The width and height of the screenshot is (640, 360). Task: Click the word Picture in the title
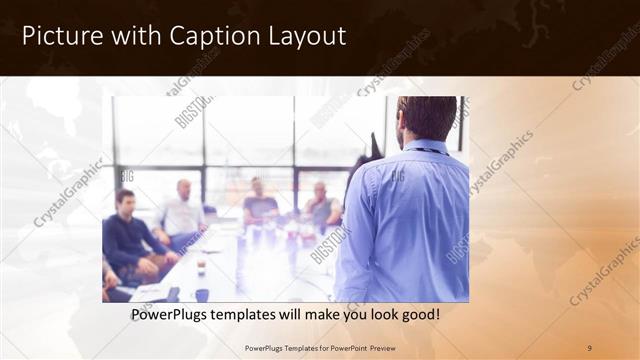click(x=61, y=37)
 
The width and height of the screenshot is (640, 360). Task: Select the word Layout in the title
click(x=304, y=37)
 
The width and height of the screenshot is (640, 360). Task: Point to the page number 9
click(x=588, y=347)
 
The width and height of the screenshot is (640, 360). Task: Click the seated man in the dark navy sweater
click(x=128, y=235)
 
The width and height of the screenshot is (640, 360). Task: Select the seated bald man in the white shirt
click(x=181, y=212)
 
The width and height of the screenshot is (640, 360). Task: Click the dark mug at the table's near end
click(x=202, y=294)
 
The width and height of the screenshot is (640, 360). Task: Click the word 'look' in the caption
click(x=377, y=315)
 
